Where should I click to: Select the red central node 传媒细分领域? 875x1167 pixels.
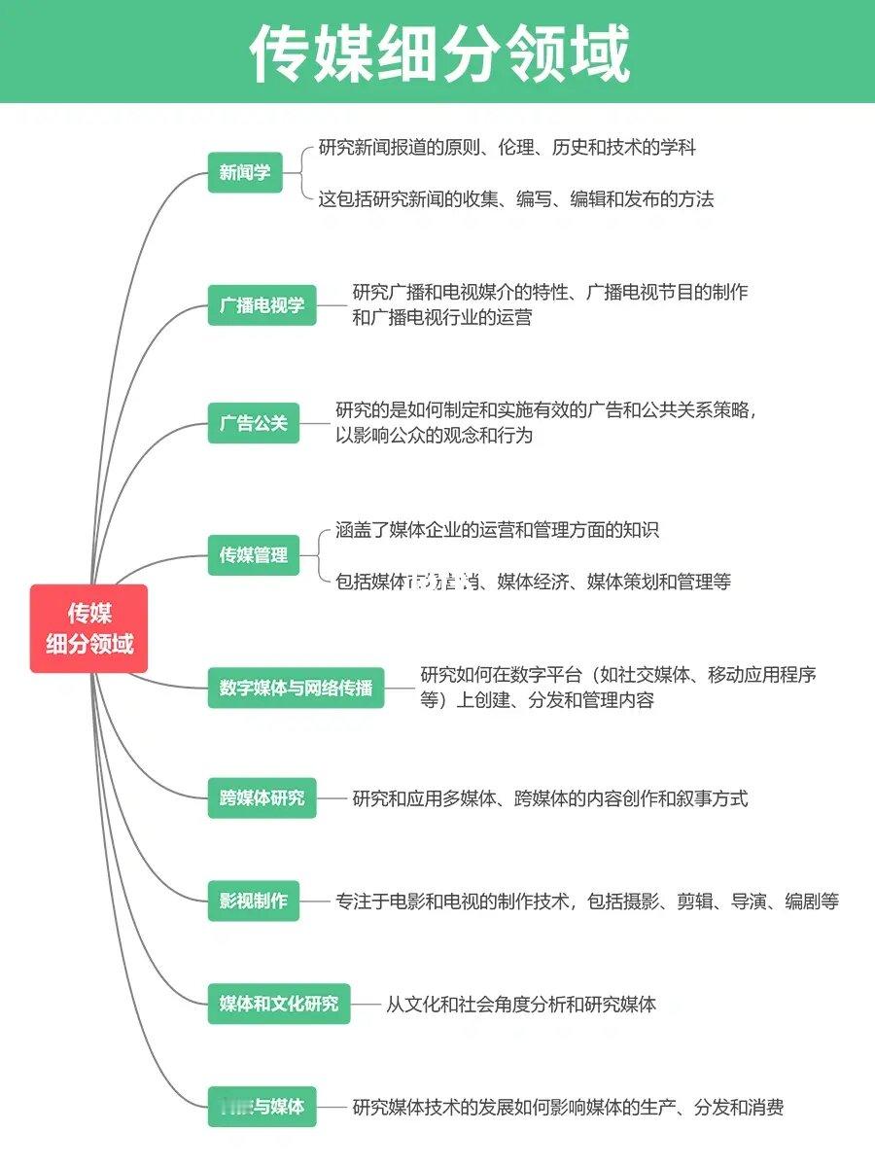[89, 628]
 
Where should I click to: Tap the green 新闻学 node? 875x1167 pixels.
[245, 173]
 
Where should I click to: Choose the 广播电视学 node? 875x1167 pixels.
[262, 304]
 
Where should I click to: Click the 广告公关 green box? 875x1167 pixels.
[254, 423]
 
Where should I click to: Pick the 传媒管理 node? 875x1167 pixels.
[254, 555]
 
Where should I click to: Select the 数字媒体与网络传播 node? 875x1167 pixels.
[296, 688]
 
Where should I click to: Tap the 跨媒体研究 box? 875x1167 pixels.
[262, 798]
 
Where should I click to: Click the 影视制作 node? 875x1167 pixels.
[254, 901]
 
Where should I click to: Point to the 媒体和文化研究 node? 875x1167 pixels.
[279, 1003]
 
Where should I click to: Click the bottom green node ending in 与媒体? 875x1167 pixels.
[262, 1106]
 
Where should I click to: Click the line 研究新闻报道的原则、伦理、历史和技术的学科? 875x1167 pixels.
[507, 148]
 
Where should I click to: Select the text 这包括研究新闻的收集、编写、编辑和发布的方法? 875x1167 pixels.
[515, 199]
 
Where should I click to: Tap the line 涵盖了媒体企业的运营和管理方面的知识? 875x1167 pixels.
[497, 530]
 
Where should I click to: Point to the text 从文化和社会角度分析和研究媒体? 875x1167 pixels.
[520, 1004]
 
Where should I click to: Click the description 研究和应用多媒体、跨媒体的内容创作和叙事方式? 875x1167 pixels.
[549, 798]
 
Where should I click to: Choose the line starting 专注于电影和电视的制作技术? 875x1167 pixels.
[586, 901]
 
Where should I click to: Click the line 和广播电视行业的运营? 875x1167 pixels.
[441, 317]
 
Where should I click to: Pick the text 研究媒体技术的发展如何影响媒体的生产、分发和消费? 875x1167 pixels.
[568, 1107]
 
